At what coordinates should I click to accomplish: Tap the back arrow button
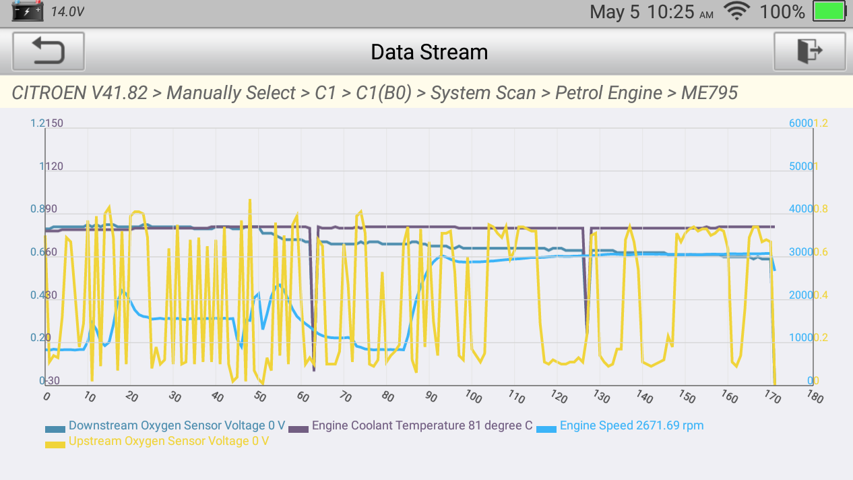pyautogui.click(x=49, y=51)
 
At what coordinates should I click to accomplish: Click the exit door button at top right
pyautogui.click(x=809, y=51)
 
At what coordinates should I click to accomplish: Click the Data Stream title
pyautogui.click(x=429, y=52)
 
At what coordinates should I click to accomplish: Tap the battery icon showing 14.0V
pyautogui.click(x=28, y=11)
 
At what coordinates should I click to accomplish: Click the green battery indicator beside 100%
pyautogui.click(x=829, y=11)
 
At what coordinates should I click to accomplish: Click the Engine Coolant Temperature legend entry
pyautogui.click(x=422, y=426)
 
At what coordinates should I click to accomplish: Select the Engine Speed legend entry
pyautogui.click(x=631, y=426)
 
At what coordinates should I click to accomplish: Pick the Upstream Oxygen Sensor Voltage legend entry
pyautogui.click(x=168, y=442)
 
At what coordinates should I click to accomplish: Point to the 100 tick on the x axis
pyautogui.click(x=473, y=397)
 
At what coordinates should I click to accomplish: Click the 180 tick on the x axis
pyautogui.click(x=815, y=397)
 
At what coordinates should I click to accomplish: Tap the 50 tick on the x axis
pyautogui.click(x=259, y=397)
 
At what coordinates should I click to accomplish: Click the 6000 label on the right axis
pyautogui.click(x=800, y=123)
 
